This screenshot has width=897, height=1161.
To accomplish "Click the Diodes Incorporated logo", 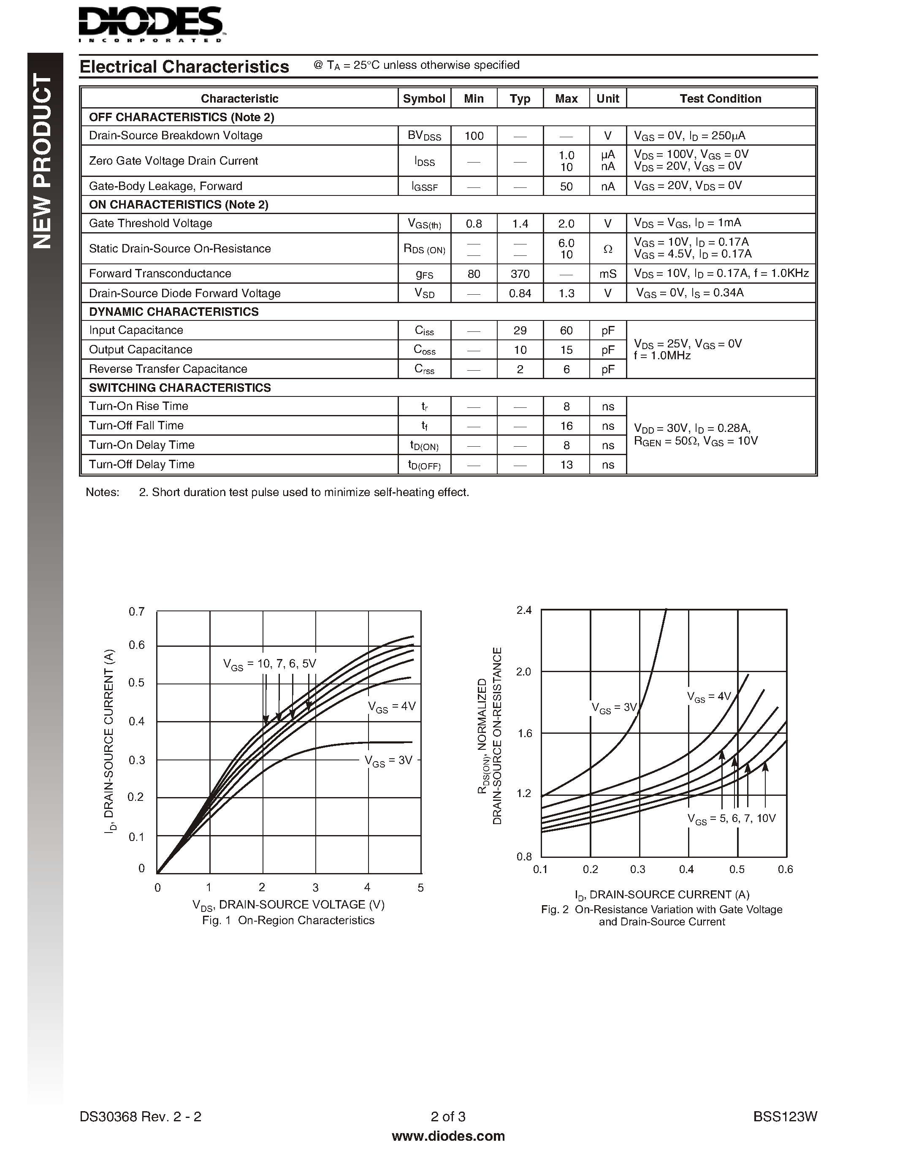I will [150, 24].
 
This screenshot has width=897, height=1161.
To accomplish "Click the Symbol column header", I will [424, 98].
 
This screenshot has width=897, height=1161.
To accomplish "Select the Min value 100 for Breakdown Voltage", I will [474, 136].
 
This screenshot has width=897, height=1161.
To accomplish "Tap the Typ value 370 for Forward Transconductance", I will [520, 274].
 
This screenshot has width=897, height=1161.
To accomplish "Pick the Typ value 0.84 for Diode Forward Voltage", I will [520, 293].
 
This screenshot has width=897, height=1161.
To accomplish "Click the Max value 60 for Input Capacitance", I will [566, 331].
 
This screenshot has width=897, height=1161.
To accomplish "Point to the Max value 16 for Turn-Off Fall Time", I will [566, 426].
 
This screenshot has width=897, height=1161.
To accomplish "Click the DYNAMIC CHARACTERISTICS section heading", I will [174, 312].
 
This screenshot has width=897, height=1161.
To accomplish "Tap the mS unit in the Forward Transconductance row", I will [608, 274].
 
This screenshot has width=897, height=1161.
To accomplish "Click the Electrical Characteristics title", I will [184, 67].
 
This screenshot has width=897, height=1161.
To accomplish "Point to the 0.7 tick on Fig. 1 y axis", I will [137, 612].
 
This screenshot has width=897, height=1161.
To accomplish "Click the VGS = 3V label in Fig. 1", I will [388, 761].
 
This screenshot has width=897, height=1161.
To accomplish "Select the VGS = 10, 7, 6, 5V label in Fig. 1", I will [269, 664].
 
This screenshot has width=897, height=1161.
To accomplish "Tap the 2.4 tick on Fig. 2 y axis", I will [524, 610].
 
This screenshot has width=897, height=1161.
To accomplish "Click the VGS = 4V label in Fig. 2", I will [709, 697].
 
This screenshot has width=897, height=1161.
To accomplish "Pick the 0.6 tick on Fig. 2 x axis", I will [785, 869].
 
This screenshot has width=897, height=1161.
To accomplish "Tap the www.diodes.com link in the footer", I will [448, 1136].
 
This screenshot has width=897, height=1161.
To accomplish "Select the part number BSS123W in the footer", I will [785, 1116].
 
